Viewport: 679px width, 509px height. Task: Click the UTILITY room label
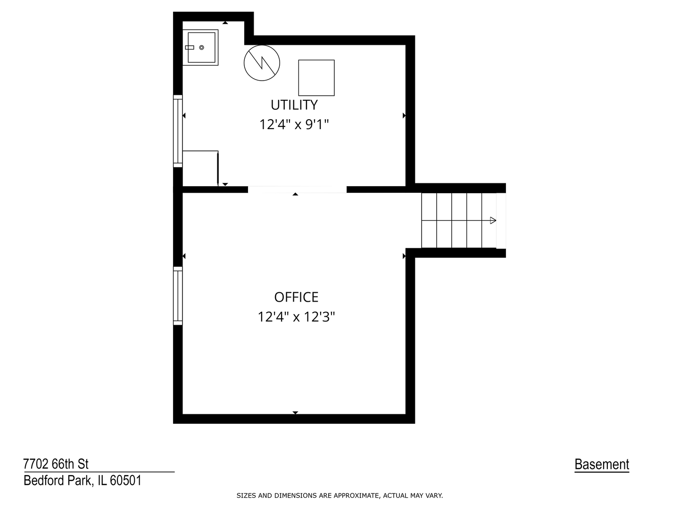coord(294,105)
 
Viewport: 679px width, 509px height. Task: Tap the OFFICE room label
coord(296,297)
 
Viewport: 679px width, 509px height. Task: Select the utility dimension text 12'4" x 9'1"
coord(294,125)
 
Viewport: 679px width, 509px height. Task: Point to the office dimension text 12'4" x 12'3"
coord(296,317)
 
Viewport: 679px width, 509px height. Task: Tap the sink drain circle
coord(201,48)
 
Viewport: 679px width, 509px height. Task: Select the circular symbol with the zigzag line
coord(262,63)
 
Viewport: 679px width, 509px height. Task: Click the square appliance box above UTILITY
coord(316,78)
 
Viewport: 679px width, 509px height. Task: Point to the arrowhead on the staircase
coord(493,220)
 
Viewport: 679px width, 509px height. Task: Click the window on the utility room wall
coord(178,131)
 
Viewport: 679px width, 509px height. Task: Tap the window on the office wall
coord(178,296)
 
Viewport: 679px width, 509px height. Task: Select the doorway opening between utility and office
coord(297,189)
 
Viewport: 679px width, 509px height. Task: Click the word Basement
coord(602,465)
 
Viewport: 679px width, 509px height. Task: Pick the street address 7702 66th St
coord(56,464)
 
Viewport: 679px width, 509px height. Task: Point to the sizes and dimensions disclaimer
coord(339,496)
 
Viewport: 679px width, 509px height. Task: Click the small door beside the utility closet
coord(218,168)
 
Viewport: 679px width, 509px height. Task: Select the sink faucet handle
coord(190,48)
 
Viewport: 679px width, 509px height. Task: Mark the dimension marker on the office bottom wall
coord(295,412)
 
